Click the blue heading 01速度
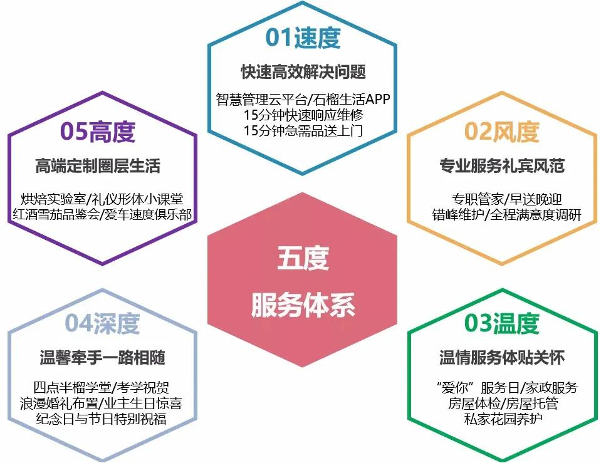pos(303,38)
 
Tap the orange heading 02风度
pos(502,132)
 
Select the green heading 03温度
pos(502,323)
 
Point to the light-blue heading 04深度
pos(102,323)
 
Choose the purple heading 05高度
pos(98,132)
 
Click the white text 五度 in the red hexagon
pos(303,258)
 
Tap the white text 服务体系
pos(303,305)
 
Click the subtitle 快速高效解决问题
pos(303,72)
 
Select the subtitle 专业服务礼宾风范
pos(502,165)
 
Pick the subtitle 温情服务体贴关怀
pos(502,357)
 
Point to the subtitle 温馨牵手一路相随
pos(102,357)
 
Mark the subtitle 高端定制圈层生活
pos(98,165)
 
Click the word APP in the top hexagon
pos(377,99)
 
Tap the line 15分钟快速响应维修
pos(303,115)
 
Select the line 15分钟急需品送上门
pos(303,130)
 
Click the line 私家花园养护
pos(503,419)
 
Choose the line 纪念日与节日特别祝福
pos(101,419)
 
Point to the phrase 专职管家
pos(477,199)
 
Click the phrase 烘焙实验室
pos(53,199)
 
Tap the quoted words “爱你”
pos(456,387)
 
